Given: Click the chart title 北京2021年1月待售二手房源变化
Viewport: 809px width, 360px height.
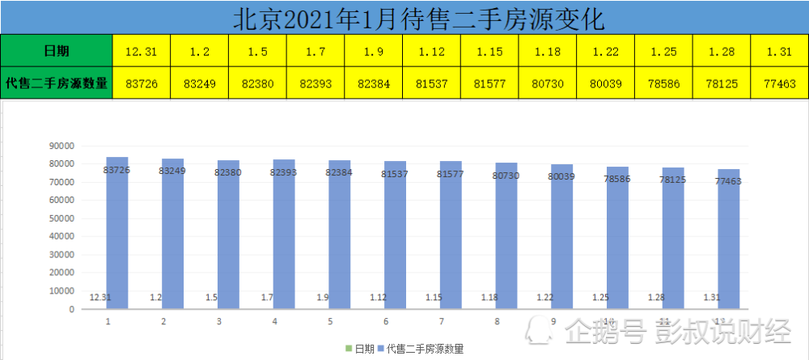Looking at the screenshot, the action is pos(418,19).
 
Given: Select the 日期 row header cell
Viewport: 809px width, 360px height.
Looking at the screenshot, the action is pos(57,50).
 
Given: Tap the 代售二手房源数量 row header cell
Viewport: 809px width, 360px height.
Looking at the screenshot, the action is pos(57,83).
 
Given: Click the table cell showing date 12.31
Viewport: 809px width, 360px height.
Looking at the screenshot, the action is pos(142,50).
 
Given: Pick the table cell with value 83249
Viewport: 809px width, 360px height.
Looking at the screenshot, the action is pos(200,83).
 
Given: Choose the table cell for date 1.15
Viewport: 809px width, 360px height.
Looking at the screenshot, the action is pos(489,50).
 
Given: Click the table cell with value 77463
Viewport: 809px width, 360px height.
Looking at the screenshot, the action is pos(780,83).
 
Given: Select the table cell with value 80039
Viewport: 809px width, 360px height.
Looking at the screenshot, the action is pos(606,83).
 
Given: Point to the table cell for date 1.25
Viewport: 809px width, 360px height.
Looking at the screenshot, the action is pos(664,50).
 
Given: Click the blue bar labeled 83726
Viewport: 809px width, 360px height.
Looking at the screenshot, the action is pos(117,233).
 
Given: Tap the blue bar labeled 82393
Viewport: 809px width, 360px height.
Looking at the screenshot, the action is pos(284,234).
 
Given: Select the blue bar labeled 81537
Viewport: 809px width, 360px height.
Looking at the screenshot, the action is pos(396,235).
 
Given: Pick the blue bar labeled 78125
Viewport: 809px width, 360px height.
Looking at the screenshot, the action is pos(673,239).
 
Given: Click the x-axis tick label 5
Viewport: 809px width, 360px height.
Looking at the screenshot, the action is pos(330,322).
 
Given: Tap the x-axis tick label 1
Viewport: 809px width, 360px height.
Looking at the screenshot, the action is pos(108,322).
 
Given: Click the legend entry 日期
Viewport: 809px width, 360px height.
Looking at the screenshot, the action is pos(360,349).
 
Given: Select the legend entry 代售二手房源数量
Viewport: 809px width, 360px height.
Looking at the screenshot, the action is pos(421,349).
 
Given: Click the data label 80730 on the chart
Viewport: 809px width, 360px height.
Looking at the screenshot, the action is pos(506,176).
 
